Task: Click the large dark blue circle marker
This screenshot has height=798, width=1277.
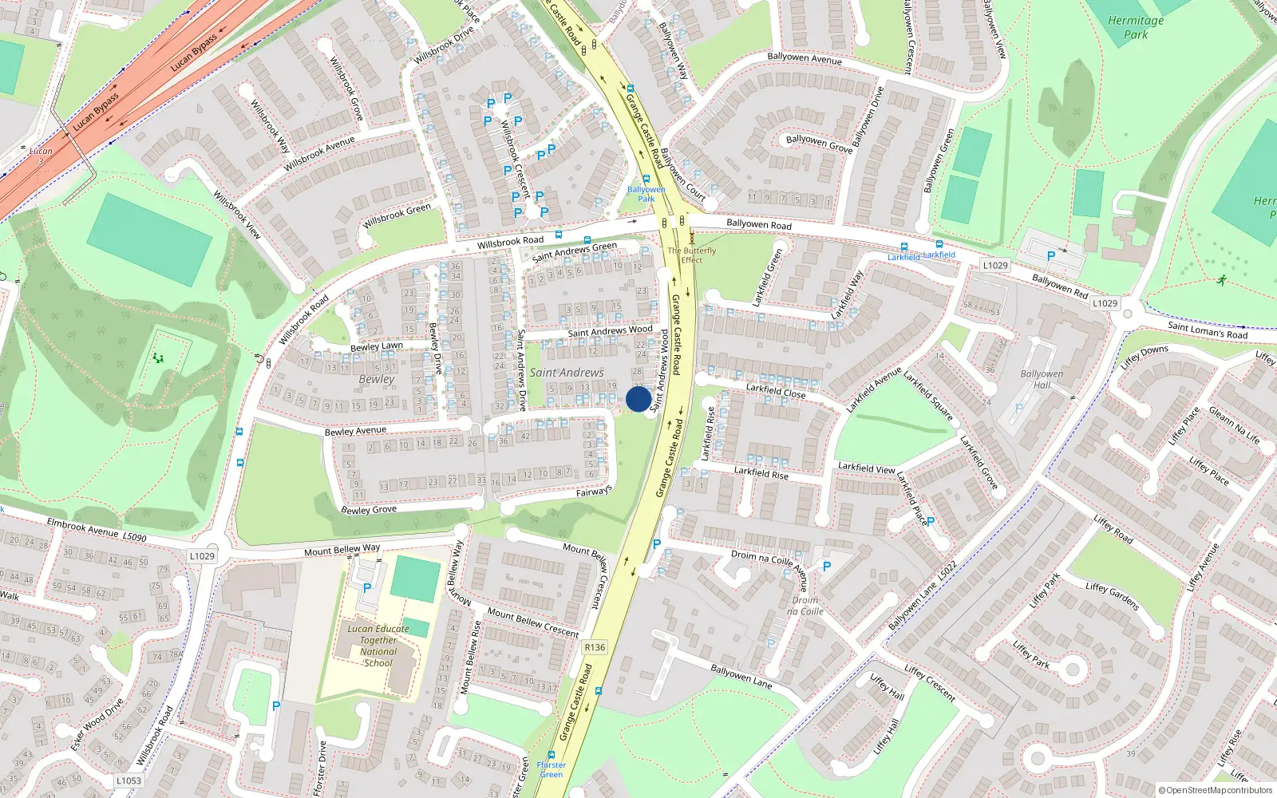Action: coord(638,399)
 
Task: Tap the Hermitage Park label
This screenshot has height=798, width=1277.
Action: coord(1136,28)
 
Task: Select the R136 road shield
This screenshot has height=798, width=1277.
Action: coord(595,647)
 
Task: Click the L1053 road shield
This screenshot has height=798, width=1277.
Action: coord(128,780)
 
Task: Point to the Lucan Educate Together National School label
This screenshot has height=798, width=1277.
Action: coord(378,646)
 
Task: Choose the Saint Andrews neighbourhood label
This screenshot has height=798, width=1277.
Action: coord(567,373)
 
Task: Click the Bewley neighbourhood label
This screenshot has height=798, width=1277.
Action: coord(377,379)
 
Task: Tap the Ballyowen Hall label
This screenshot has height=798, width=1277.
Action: coord(1042,379)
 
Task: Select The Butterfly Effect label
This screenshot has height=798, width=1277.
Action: coord(692,255)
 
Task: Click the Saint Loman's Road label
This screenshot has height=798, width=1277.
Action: coord(1207,330)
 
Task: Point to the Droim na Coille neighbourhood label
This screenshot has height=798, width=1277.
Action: coord(805,606)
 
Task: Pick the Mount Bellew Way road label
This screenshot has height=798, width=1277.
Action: coord(342,551)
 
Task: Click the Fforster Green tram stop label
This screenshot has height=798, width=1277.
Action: coord(552,769)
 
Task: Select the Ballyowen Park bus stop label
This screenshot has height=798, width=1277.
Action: coord(646,194)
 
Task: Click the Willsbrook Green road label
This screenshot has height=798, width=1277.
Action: coord(397,216)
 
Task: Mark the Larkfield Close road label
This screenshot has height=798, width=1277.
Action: coord(776,391)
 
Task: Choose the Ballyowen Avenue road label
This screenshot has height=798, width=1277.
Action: coord(805,58)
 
